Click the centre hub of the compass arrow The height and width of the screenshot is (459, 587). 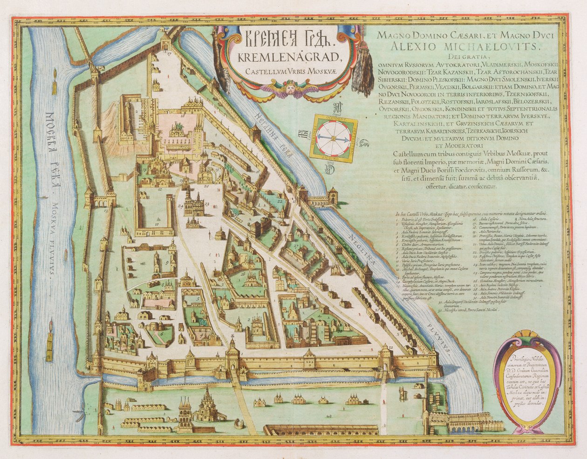click(x=333, y=138)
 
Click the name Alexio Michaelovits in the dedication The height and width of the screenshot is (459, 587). click(x=466, y=46)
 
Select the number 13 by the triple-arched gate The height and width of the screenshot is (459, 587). click(x=106, y=211)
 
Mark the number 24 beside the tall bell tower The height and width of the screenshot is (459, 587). click(x=180, y=205)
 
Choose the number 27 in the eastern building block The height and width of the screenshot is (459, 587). click(x=296, y=245)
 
